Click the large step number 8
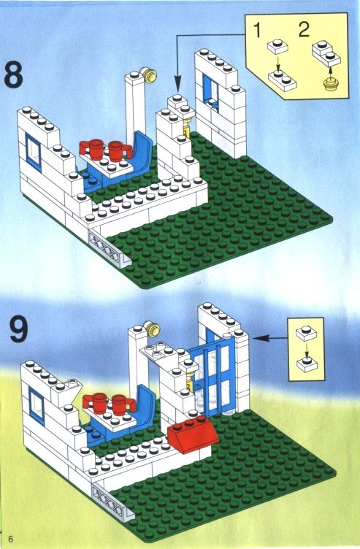(13, 74)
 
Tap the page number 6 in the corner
(12, 538)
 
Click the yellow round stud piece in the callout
(329, 85)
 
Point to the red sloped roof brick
(193, 434)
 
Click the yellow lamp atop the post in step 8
(150, 74)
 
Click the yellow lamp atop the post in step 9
(153, 329)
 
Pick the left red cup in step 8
(93, 148)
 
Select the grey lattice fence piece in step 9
(113, 499)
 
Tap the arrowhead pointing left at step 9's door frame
(261, 338)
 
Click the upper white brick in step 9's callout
(306, 333)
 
